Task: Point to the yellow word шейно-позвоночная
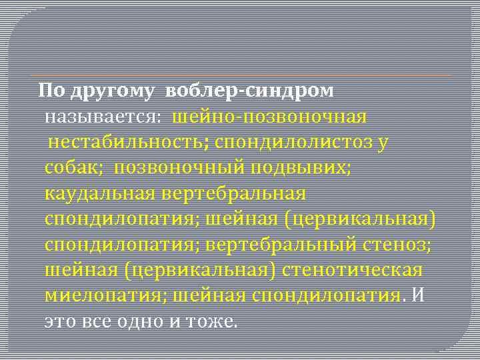[x=269, y=117]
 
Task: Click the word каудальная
[x=98, y=193]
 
